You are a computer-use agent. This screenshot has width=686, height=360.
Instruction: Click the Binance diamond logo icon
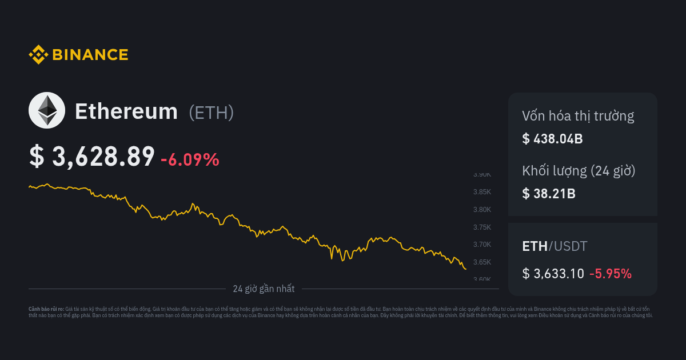click(x=38, y=55)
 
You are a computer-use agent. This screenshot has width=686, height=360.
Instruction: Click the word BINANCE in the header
click(x=90, y=55)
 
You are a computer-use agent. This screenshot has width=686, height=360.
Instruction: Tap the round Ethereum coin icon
click(x=47, y=110)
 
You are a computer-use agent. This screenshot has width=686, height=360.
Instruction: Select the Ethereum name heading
click(x=126, y=111)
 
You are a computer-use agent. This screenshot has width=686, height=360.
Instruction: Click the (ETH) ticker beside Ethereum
click(x=211, y=113)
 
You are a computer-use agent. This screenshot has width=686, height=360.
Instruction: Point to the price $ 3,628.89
click(x=92, y=157)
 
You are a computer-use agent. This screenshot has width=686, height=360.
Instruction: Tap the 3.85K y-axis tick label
click(x=482, y=192)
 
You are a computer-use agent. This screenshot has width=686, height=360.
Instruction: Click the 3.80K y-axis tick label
click(x=482, y=210)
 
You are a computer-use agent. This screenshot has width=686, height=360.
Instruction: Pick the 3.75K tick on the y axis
click(x=482, y=227)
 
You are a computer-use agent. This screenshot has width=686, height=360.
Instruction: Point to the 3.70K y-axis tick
click(x=482, y=245)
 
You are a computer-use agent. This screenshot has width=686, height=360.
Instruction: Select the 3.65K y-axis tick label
click(x=482, y=262)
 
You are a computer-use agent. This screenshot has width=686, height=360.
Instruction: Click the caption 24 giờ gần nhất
click(x=264, y=289)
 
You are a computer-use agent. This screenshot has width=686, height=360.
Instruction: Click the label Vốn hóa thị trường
click(x=578, y=117)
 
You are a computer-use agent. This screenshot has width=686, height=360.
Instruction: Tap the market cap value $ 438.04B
click(x=552, y=138)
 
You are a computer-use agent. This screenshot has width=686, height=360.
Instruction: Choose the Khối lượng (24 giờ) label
click(x=579, y=171)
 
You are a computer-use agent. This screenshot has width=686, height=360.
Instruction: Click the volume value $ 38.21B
click(x=549, y=193)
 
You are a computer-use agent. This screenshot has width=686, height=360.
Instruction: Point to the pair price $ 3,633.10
click(x=553, y=274)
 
